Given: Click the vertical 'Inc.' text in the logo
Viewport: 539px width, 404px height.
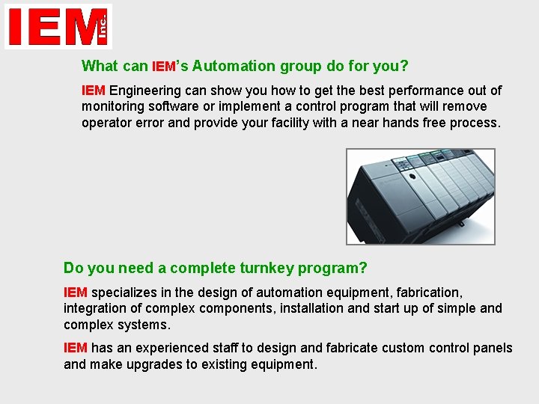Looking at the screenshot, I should click(103, 28).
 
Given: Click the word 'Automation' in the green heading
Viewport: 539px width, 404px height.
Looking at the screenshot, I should click(234, 66).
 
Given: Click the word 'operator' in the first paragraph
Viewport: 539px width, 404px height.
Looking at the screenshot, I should click(106, 123).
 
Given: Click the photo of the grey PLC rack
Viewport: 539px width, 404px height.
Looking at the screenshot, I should click(420, 196).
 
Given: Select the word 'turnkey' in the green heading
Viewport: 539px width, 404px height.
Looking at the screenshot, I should click(267, 268).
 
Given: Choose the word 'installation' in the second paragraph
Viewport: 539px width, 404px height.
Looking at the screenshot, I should click(313, 308).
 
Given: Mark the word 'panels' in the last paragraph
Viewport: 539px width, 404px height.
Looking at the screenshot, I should click(492, 348).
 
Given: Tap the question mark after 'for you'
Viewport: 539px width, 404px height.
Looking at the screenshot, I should click(404, 66).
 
